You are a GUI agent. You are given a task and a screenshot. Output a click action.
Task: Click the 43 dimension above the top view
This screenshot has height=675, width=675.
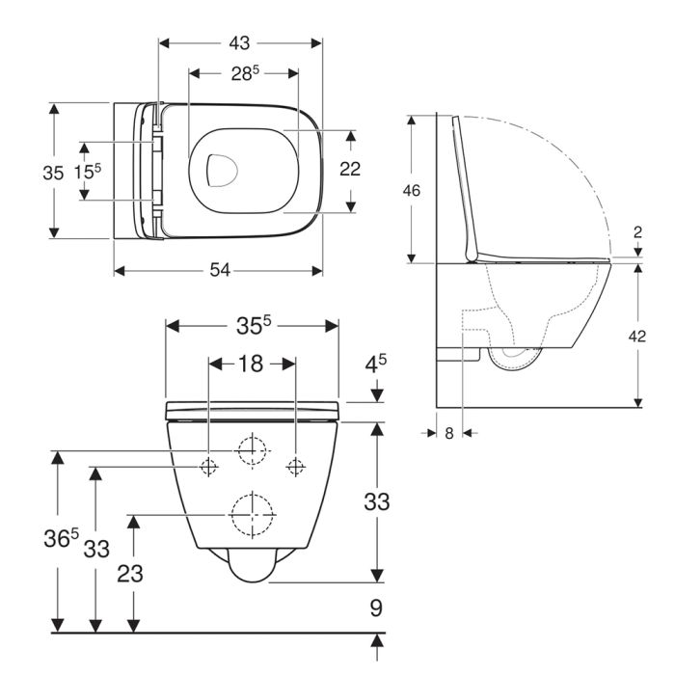(x=240, y=43)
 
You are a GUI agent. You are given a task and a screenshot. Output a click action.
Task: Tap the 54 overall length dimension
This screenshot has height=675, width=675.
(x=221, y=271)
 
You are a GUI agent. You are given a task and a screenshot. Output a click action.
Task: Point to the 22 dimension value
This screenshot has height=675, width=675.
(x=350, y=169)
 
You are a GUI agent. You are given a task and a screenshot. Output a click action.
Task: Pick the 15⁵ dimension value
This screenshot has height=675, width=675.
(x=88, y=172)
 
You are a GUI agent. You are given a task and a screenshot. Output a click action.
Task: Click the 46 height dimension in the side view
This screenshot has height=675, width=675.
(x=412, y=191)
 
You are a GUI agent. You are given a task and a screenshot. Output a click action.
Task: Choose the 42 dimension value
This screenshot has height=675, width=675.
(x=637, y=336)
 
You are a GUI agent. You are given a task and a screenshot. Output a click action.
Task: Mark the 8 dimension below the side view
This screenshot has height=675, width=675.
(x=449, y=433)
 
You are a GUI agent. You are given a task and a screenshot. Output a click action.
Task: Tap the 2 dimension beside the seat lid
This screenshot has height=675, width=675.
(x=637, y=231)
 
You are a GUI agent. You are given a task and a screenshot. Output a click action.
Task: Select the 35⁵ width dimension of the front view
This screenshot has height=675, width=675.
(x=252, y=326)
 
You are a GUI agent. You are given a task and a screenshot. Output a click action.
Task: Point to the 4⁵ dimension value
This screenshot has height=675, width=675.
(x=377, y=366)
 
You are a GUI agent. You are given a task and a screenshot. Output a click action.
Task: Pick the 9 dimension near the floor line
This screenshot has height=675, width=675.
(x=377, y=608)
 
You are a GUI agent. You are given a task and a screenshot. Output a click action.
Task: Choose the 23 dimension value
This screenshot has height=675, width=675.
(x=131, y=574)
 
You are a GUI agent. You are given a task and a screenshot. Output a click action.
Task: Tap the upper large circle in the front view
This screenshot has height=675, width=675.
(x=251, y=450)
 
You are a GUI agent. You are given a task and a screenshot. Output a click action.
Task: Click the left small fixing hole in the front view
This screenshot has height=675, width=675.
(x=207, y=467)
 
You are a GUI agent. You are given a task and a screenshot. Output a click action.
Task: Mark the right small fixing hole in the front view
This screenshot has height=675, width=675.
(x=295, y=467)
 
